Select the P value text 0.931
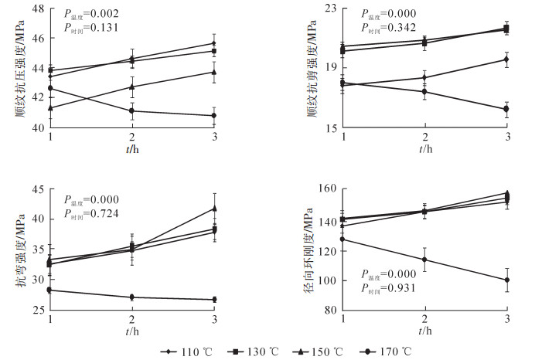391,289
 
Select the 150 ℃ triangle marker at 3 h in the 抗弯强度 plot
214,208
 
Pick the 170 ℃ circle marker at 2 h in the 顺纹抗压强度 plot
132,110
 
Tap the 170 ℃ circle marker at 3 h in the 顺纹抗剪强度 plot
507,109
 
